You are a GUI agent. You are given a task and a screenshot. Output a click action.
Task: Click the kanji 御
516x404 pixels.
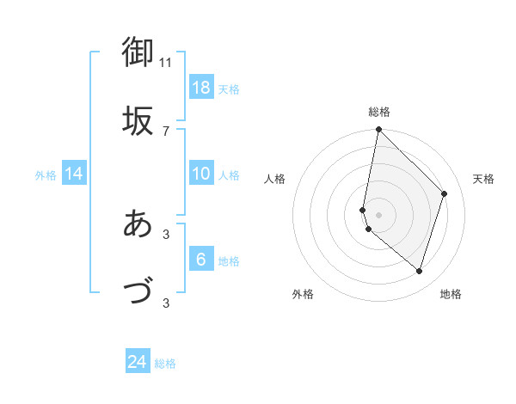click(x=138, y=52)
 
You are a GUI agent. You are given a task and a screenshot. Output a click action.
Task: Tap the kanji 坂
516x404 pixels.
click(x=138, y=120)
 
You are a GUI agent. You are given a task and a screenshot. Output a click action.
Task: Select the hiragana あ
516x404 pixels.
click(x=138, y=223)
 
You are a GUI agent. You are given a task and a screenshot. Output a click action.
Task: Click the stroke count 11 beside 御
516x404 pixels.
click(x=166, y=62)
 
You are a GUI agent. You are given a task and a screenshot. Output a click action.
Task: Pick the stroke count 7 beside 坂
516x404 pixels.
click(x=166, y=131)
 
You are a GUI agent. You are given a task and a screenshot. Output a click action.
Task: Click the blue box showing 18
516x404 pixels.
click(x=201, y=88)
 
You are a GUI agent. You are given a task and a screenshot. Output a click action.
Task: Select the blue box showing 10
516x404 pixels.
click(x=201, y=174)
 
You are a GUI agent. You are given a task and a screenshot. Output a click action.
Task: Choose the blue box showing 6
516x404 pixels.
click(x=201, y=260)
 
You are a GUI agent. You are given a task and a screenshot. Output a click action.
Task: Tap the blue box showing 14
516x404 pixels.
click(x=74, y=174)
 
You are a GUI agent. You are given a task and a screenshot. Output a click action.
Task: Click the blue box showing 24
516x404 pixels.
click(x=138, y=362)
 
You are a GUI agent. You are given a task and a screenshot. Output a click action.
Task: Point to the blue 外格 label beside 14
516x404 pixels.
click(x=46, y=175)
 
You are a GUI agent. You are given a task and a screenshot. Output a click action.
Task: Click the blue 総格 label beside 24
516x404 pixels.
click(x=165, y=364)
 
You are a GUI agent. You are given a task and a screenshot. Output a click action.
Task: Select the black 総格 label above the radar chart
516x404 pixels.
click(x=379, y=112)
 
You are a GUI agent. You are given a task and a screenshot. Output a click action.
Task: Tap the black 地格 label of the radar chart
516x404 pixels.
click(x=451, y=294)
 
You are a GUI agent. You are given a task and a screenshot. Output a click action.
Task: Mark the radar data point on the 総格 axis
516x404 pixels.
click(x=378, y=131)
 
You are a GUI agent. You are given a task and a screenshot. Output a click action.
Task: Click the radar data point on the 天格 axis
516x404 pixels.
click(x=445, y=193)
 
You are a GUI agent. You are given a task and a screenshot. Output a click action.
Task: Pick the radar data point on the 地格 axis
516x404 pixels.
click(x=420, y=272)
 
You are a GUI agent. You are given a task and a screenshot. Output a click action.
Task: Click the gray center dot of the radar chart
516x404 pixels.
click(x=379, y=215)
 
